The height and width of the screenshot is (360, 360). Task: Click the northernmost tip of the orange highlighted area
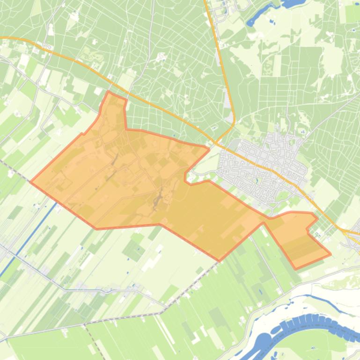(x=109, y=92)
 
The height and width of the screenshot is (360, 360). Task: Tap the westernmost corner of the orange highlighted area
(x=31, y=181)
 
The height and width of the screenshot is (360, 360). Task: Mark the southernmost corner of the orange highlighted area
(x=219, y=260)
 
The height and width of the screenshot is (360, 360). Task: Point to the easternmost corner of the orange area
(x=331, y=254)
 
